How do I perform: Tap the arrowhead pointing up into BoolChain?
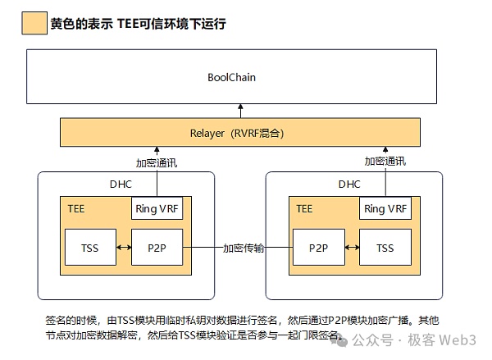pyautogui.click(x=241, y=107)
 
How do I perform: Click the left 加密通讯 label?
pyautogui.click(x=157, y=162)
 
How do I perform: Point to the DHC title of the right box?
pyautogui.click(x=349, y=185)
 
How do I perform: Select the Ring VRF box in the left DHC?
pyautogui.click(x=157, y=208)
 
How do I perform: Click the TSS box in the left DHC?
pyautogui.click(x=90, y=248)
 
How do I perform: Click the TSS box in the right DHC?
pyautogui.click(x=385, y=248)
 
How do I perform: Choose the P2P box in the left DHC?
pyautogui.click(x=157, y=248)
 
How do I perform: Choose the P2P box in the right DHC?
pyautogui.click(x=318, y=248)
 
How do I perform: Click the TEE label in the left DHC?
pyautogui.click(x=75, y=208)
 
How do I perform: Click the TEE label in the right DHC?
pyautogui.click(x=303, y=208)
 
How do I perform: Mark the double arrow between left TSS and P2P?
pyautogui.click(x=123, y=248)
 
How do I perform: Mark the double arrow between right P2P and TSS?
pyautogui.click(x=351, y=248)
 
